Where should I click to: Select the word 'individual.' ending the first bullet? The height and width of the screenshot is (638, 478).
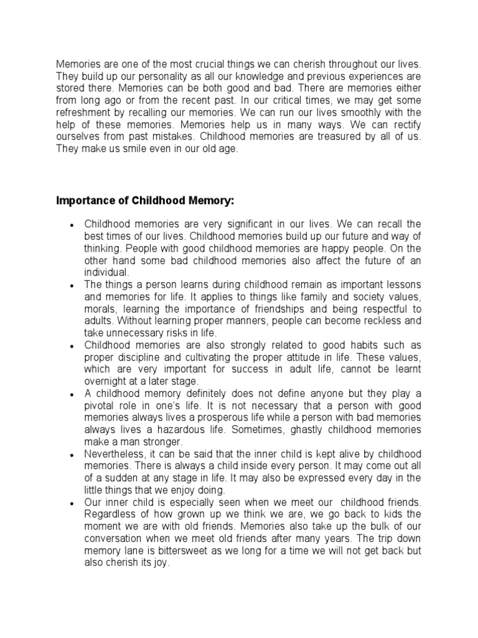coord(106,272)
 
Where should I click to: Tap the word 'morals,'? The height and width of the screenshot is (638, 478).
coord(100,308)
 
